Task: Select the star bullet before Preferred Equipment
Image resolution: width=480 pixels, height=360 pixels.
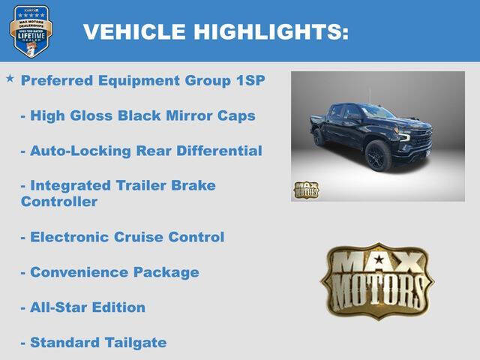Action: pos(10,78)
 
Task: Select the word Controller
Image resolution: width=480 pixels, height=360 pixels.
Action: pos(59,202)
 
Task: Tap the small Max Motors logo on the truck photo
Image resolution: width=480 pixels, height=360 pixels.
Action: pos(306,190)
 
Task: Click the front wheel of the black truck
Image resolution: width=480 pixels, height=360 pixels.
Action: pos(377,156)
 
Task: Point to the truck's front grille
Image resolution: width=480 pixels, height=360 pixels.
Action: pos(422,139)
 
